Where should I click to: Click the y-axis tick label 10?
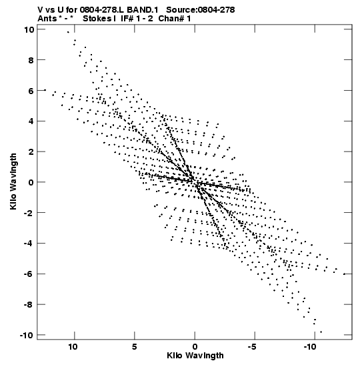click(x=29, y=29)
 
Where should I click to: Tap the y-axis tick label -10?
click(x=27, y=335)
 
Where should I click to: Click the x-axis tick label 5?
click(x=135, y=347)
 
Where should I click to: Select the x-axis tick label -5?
click(x=253, y=347)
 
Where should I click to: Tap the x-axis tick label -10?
click(x=310, y=347)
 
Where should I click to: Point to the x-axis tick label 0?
click(x=195, y=347)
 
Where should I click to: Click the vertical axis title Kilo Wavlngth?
click(x=13, y=181)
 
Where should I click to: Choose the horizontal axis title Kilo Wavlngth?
click(x=195, y=356)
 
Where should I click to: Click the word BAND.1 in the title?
click(x=143, y=10)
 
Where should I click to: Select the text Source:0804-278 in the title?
click(x=201, y=10)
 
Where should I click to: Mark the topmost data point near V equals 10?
click(x=68, y=32)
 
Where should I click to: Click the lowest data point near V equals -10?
click(x=321, y=332)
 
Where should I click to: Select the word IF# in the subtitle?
click(x=127, y=19)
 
